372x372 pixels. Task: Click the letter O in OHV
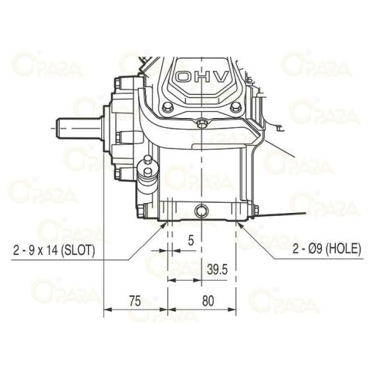(x=184, y=77)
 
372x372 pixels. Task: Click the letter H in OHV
(x=202, y=77)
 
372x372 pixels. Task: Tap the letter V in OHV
(x=220, y=77)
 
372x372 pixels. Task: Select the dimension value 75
(x=135, y=301)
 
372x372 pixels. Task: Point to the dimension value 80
(x=208, y=301)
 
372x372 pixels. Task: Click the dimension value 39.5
(x=217, y=270)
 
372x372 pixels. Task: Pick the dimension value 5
(x=191, y=240)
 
